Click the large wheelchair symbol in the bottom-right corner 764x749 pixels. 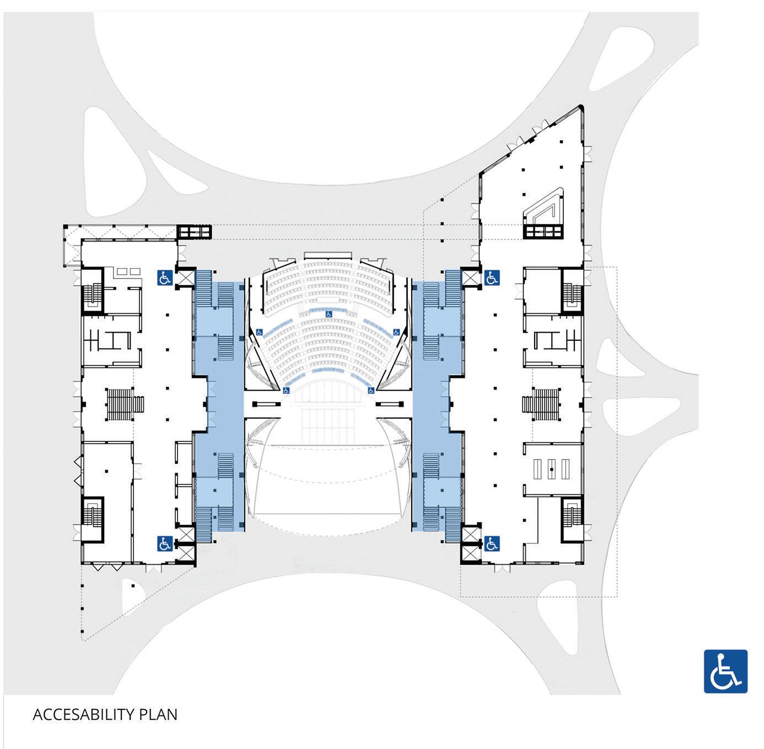tap(725, 671)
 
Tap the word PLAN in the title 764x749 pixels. tap(159, 714)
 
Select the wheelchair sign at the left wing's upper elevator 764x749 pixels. tap(165, 277)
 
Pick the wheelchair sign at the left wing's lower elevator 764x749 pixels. tap(165, 544)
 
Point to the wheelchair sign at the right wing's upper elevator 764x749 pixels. tap(492, 277)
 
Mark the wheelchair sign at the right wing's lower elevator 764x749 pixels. tap(492, 544)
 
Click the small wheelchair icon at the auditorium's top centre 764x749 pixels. tap(329, 314)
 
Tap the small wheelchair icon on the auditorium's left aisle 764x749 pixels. tap(259, 332)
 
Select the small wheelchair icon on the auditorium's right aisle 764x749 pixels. tap(396, 332)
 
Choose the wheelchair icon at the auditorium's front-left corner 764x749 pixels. tap(286, 390)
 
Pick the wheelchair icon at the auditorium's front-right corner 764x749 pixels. tap(371, 390)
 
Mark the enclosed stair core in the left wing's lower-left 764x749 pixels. tap(91, 518)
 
